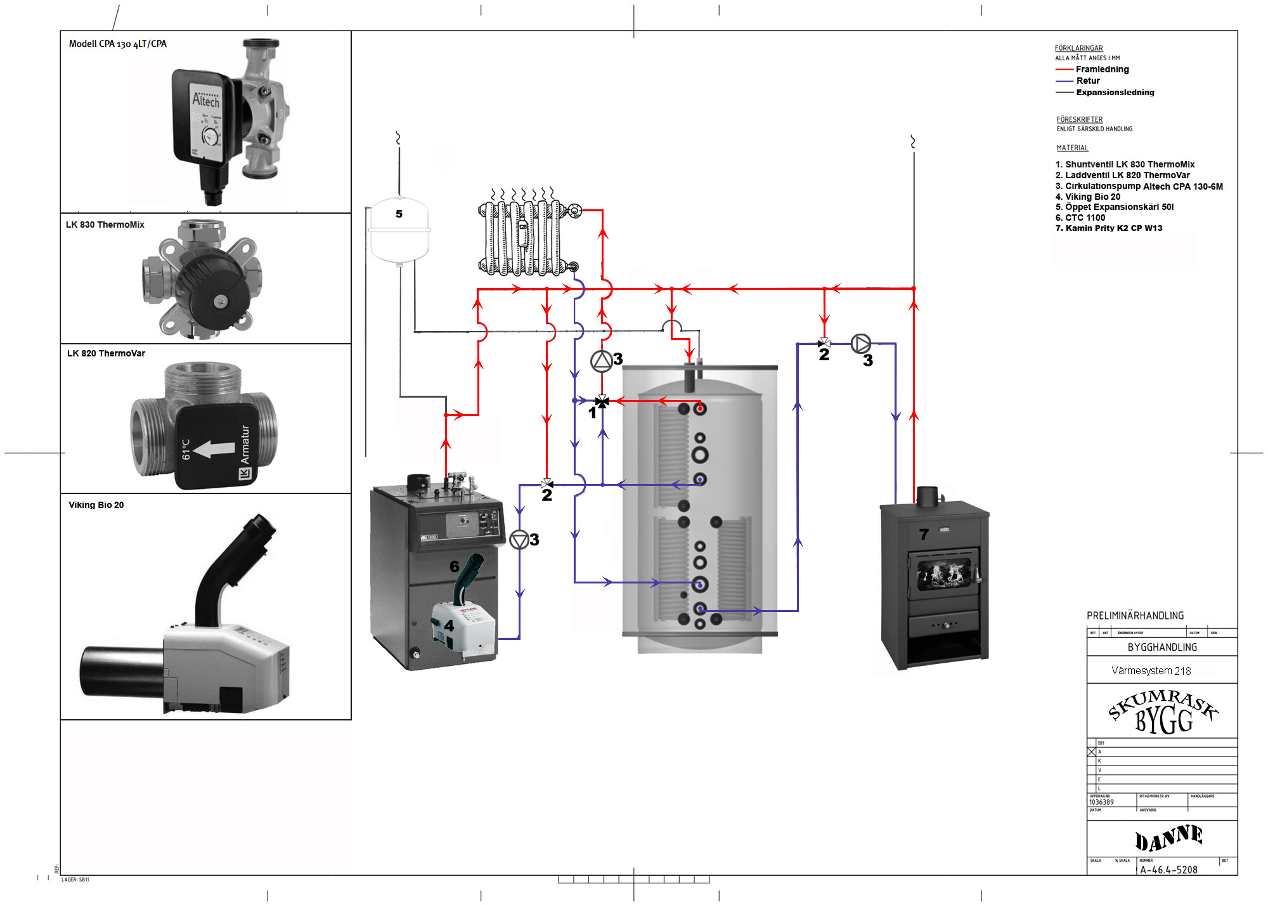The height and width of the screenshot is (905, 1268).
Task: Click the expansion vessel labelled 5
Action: point(399,230)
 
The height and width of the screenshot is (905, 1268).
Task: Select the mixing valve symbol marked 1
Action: point(602,401)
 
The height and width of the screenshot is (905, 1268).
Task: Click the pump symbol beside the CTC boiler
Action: point(519,540)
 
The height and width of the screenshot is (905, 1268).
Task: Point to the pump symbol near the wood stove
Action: point(860,344)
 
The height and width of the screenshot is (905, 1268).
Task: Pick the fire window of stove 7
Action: point(944,573)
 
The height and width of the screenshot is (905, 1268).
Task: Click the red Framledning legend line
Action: point(1064,69)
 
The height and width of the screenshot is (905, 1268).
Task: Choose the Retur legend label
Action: point(1088,81)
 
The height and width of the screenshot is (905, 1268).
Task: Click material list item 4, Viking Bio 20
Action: point(1087,197)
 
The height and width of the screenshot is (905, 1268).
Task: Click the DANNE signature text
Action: point(1168,838)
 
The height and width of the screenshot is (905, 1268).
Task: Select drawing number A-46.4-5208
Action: point(1168,870)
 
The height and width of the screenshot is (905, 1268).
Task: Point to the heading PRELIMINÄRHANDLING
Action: point(1135,615)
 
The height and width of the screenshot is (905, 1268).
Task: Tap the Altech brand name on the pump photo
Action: point(206,100)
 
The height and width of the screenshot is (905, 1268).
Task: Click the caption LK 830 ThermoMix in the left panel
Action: point(105,225)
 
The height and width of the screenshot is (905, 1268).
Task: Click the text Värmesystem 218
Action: point(1151,670)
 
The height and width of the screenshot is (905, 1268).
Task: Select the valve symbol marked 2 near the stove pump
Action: point(824,343)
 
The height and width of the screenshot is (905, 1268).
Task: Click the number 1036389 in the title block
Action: point(1101,802)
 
